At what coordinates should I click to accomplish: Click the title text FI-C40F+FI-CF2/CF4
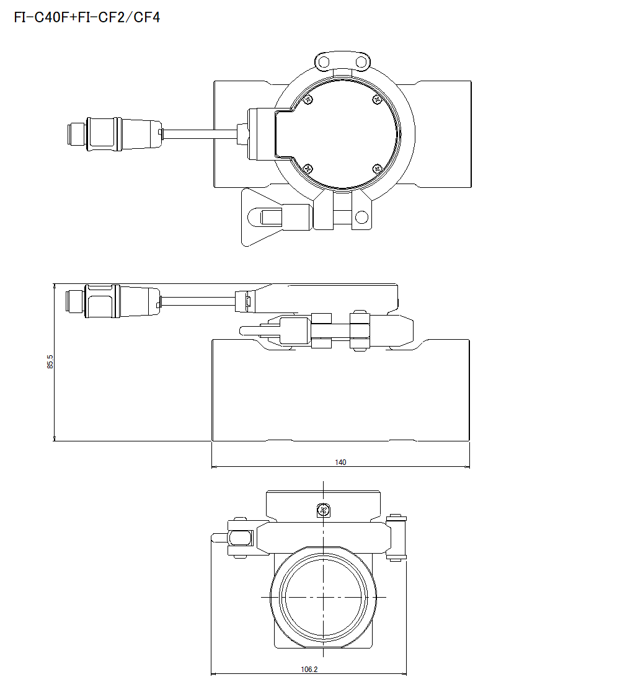pyautogui.click(x=87, y=17)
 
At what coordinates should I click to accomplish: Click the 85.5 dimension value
pyautogui.click(x=50, y=362)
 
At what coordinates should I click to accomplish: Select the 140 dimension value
pyautogui.click(x=340, y=462)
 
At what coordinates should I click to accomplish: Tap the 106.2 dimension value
pyautogui.click(x=309, y=670)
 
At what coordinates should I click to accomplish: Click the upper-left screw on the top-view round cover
pyautogui.click(x=308, y=99)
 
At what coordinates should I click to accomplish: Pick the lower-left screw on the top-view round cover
pyautogui.click(x=308, y=168)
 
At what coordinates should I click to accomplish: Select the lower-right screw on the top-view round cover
pyautogui.click(x=378, y=168)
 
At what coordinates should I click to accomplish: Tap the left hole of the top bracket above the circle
pyautogui.click(x=324, y=61)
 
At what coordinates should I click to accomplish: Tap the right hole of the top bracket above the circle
pyautogui.click(x=361, y=61)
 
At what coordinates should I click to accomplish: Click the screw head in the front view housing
pyautogui.click(x=322, y=510)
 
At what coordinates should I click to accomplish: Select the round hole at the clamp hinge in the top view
pyautogui.click(x=361, y=217)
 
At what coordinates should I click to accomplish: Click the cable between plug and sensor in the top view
pyautogui.click(x=198, y=133)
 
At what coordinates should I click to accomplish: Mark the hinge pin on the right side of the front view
pyautogui.click(x=395, y=537)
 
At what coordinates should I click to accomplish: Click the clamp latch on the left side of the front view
pyautogui.click(x=239, y=537)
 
